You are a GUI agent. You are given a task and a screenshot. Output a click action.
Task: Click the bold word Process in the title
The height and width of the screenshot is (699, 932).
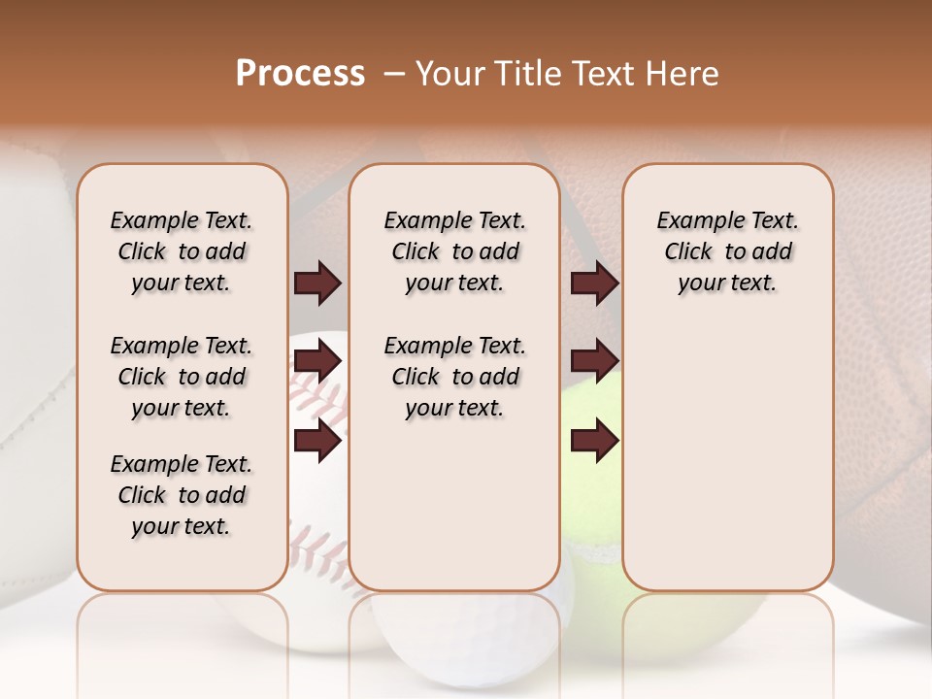pyautogui.click(x=300, y=74)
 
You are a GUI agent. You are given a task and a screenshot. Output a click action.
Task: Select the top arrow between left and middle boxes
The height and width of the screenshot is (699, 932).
pyautogui.click(x=317, y=283)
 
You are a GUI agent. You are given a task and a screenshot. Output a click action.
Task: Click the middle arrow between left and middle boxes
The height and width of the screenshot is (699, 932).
pyautogui.click(x=317, y=362)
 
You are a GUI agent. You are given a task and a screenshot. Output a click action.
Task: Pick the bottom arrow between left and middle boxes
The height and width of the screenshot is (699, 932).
pyautogui.click(x=317, y=441)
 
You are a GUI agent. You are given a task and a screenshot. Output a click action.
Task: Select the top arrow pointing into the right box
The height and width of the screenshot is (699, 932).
pyautogui.click(x=594, y=283)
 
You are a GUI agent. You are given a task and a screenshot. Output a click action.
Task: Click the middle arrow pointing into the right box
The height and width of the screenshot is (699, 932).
pyautogui.click(x=594, y=362)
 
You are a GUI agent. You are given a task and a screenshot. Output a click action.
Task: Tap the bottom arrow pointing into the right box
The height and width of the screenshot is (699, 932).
pyautogui.click(x=594, y=441)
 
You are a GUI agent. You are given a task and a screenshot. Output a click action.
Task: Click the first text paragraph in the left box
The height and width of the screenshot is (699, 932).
pyautogui.click(x=182, y=251)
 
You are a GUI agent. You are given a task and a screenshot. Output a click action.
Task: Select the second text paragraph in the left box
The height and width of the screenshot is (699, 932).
pyautogui.click(x=182, y=377)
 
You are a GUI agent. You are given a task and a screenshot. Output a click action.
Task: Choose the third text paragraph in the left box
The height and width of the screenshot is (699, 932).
pyautogui.click(x=182, y=495)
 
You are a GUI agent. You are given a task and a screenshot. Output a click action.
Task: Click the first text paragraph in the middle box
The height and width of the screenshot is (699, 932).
pyautogui.click(x=454, y=251)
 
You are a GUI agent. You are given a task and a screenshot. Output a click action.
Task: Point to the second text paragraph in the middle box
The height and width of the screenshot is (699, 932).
pyautogui.click(x=454, y=377)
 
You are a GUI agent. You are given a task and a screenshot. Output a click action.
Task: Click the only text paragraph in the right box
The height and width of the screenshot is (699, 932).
pyautogui.click(x=727, y=251)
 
